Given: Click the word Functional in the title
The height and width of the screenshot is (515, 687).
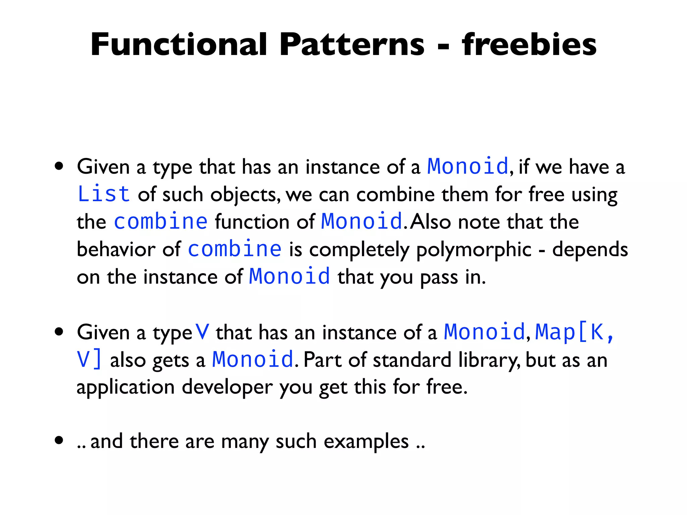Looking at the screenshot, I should pos(179,45).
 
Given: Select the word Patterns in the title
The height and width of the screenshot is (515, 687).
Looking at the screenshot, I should pos(352,45).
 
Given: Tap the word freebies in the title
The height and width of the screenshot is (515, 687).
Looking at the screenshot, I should pos(529,45).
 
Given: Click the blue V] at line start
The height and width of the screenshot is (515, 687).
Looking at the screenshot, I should pos(89,359).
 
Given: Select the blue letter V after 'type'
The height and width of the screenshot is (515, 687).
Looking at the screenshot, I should pos(202,332).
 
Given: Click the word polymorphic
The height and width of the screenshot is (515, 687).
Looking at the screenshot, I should pos(474,250).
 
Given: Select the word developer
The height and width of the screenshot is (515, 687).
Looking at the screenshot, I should pos(227,387).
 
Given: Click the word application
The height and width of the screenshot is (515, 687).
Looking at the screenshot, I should pos(125,387).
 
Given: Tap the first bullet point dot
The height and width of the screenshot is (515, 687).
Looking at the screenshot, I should pos(59,166).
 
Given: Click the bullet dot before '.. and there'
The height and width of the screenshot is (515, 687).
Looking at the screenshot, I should pos(59,440).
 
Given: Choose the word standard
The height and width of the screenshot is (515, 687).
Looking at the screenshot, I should pos(412,360).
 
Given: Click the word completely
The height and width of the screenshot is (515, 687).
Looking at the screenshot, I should pos(359,250).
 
